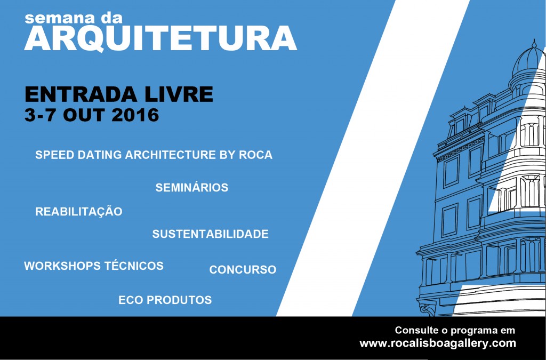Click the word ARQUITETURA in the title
160,38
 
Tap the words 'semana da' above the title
74,18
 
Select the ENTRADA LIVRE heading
119,94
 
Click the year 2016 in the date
135,115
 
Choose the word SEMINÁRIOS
192,187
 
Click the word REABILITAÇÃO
79,211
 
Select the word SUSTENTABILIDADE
210,234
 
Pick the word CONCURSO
243,269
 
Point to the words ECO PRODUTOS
165,300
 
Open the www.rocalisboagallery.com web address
438,343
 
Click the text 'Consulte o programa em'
455,330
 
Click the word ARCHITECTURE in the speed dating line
171,155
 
